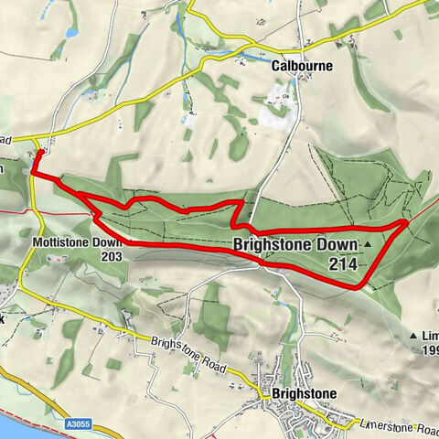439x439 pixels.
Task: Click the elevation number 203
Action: point(112,257)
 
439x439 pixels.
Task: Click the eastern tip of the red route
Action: point(407,222)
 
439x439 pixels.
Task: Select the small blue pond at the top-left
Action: point(71,32)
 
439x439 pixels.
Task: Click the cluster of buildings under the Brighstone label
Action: point(302,416)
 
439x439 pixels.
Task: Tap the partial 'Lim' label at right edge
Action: point(429,336)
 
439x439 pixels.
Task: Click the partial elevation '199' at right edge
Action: point(430,349)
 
